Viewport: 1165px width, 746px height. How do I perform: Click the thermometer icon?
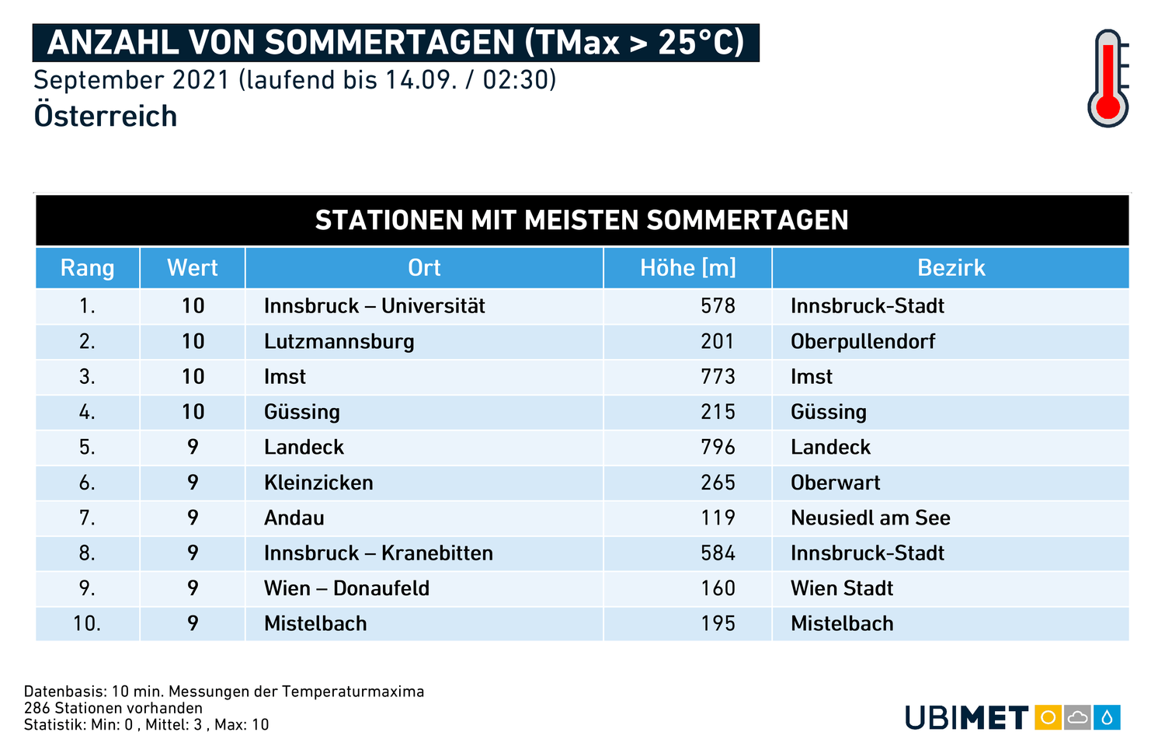coord(1108,78)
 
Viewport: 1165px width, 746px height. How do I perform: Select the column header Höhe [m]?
coord(687,268)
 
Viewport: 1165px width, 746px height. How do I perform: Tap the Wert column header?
coord(193,268)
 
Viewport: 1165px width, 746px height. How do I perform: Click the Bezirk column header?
coord(951,268)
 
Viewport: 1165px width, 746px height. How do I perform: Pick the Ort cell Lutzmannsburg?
coord(339,342)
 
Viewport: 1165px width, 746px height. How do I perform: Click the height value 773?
coord(718,377)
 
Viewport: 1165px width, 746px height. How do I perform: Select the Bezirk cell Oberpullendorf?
coord(863,342)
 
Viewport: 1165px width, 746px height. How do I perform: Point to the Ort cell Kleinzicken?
coord(318,483)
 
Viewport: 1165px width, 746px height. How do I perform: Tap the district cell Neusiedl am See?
coord(870,518)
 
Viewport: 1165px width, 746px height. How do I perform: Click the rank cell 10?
coord(87,624)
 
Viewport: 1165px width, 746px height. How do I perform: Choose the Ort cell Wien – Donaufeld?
coord(346,588)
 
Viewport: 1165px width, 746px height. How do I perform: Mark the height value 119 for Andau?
coord(718,518)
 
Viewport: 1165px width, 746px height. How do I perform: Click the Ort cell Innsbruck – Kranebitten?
coord(378,553)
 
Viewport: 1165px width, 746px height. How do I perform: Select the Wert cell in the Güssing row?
coord(193,412)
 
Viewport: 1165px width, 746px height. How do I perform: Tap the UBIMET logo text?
coord(966,717)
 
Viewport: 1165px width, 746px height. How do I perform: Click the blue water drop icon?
coord(1107,717)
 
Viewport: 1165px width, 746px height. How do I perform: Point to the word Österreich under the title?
coord(106,117)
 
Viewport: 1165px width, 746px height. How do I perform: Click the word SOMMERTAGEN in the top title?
coord(389,43)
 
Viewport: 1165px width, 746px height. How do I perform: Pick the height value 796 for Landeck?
coord(718,448)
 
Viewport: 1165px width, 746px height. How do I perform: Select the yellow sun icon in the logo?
coord(1048,717)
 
